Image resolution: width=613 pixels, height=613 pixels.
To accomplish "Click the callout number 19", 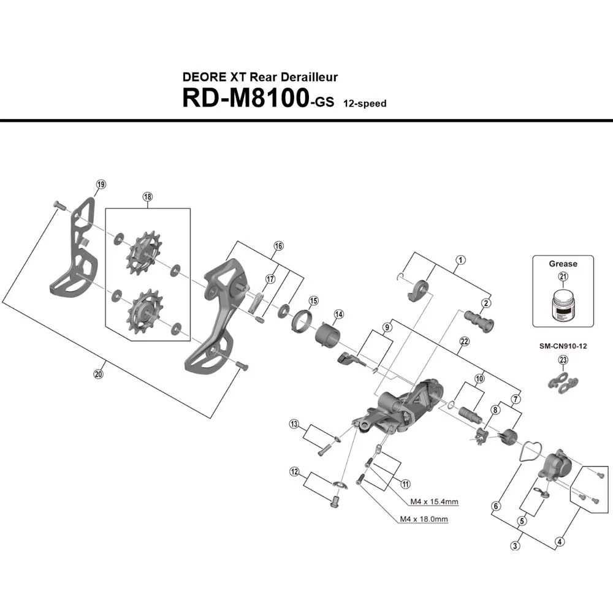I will [101, 185].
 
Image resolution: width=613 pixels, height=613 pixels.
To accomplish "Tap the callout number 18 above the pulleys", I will [147, 197].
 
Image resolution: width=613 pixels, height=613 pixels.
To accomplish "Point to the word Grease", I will [563, 264].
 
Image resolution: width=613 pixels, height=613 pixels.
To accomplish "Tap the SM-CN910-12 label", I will [563, 346].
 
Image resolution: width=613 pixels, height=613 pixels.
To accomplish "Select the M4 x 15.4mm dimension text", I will [434, 502].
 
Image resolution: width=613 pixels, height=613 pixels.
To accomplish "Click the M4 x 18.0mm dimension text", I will [424, 519].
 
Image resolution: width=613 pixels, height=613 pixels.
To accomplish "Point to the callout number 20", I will [99, 375].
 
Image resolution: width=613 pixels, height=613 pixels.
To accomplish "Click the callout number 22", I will [464, 341].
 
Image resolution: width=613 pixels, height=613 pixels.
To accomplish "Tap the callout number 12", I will [295, 471].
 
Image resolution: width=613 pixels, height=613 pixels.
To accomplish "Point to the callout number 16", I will [279, 246].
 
